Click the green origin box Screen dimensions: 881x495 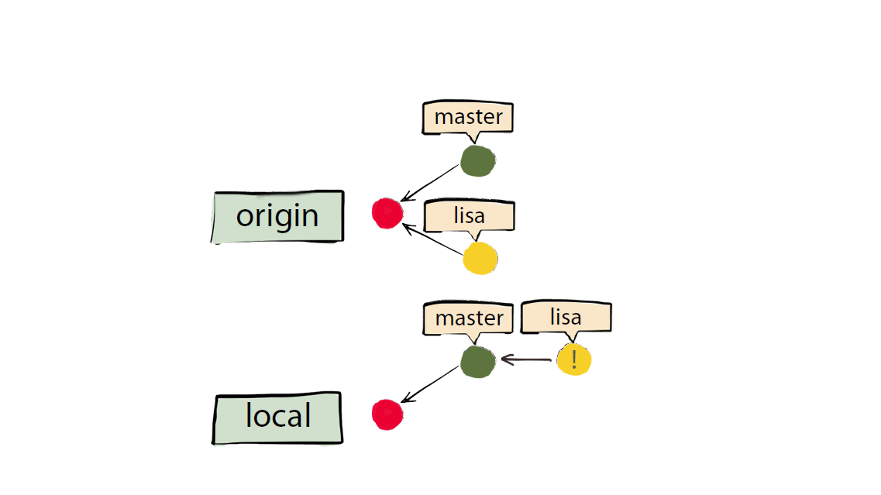(277, 217)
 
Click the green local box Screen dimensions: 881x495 (277, 418)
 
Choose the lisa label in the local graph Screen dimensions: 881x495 (566, 318)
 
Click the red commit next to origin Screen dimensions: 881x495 (387, 213)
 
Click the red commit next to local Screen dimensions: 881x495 (387, 414)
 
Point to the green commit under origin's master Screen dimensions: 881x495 (477, 161)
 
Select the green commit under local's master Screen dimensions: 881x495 (477, 362)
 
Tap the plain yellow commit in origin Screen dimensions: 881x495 (480, 259)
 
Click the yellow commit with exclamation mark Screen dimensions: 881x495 (573, 359)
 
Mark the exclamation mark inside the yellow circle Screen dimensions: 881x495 (573, 359)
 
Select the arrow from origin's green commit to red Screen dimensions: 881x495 (430, 183)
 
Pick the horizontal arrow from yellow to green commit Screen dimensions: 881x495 (526, 359)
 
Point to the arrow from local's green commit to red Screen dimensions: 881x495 (430, 384)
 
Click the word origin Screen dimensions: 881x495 (277, 217)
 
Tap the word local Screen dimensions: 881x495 (278, 416)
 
